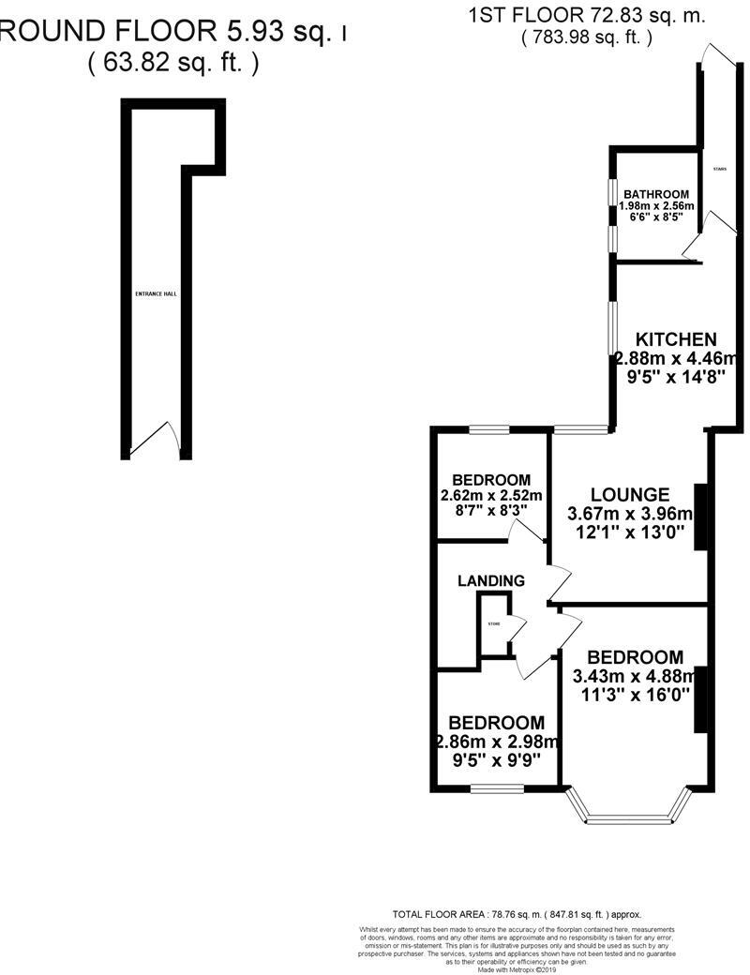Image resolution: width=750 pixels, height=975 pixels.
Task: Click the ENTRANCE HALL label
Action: (x=157, y=293)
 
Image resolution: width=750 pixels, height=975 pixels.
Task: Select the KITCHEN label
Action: (x=676, y=339)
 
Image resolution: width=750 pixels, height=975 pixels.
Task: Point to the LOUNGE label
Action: (x=629, y=494)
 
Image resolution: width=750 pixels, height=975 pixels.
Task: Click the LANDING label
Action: (x=490, y=581)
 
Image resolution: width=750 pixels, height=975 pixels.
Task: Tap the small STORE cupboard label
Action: (x=493, y=623)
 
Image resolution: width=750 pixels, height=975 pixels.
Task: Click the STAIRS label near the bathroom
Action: (x=719, y=170)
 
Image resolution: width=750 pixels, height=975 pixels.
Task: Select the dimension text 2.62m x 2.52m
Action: (x=490, y=495)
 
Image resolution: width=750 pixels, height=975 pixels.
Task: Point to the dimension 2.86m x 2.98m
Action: (x=497, y=741)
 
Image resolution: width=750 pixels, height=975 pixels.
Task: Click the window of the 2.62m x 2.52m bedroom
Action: (x=489, y=430)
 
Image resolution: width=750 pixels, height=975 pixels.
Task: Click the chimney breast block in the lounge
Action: (x=699, y=517)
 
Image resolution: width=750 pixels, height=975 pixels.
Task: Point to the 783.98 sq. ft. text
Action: (x=586, y=38)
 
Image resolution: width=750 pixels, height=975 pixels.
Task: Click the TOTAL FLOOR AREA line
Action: (x=517, y=913)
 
